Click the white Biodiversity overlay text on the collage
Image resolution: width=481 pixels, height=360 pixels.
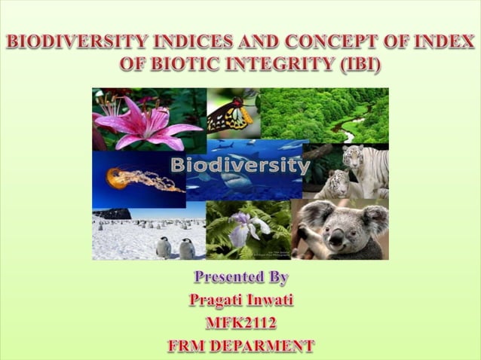point(240,165)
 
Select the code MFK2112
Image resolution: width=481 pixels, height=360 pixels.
point(240,324)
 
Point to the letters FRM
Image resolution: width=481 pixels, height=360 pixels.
point(185,346)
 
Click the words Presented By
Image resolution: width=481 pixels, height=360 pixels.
point(240,277)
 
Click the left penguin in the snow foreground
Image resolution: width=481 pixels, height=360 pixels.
point(164,247)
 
